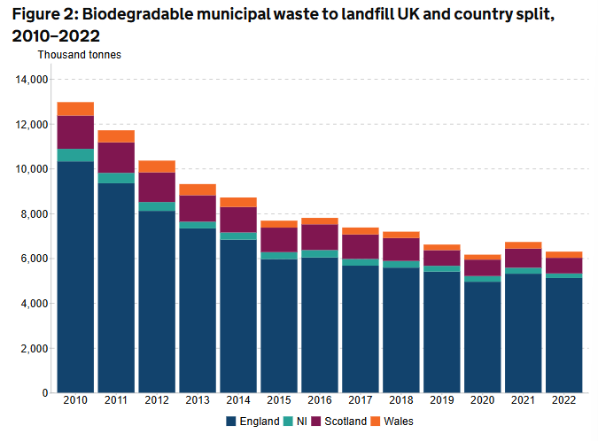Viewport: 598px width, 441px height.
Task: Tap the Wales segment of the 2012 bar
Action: click(x=157, y=166)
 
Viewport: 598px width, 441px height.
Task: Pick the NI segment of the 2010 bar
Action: click(x=75, y=155)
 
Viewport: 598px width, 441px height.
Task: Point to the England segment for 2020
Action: click(x=483, y=337)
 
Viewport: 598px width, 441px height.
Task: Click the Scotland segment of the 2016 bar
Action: click(x=320, y=237)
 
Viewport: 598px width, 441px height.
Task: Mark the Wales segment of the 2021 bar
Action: click(x=524, y=245)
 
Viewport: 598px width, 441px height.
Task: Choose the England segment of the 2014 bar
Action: click(x=238, y=315)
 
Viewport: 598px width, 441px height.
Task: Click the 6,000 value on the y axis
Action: click(x=35, y=259)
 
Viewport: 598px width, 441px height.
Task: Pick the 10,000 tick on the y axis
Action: click(x=32, y=169)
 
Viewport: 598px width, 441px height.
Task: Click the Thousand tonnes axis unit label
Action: click(x=79, y=54)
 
